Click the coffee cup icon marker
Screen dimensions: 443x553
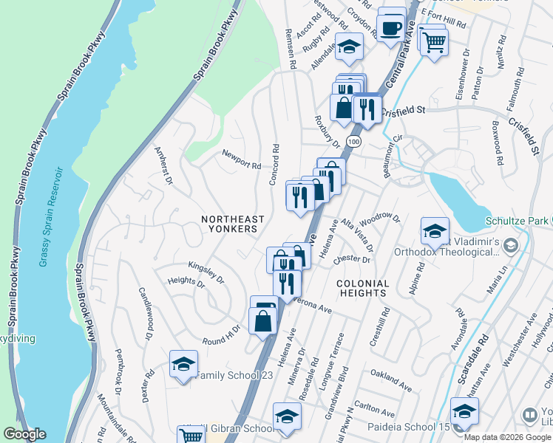click(x=390, y=28)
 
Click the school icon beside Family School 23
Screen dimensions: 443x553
click(x=183, y=363)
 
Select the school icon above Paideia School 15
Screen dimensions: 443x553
click(x=464, y=411)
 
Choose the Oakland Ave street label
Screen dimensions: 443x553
click(x=391, y=380)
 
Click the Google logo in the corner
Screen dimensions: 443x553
click(x=24, y=434)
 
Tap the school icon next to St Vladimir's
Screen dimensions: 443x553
click(x=435, y=230)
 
